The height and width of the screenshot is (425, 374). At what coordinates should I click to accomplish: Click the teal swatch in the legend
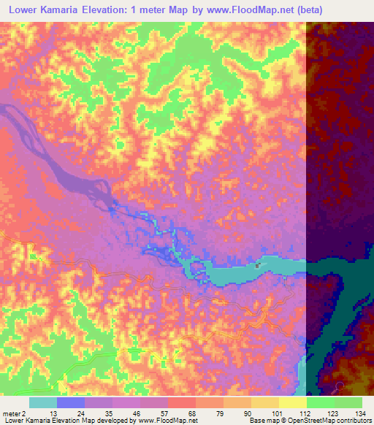pyautogui.click(x=43, y=402)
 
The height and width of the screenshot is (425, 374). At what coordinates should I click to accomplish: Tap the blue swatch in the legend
pyautogui.click(x=71, y=402)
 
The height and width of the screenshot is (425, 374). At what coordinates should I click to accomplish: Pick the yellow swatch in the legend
pyautogui.click(x=293, y=402)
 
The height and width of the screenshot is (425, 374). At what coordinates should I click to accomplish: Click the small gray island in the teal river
pyautogui.click(x=256, y=266)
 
